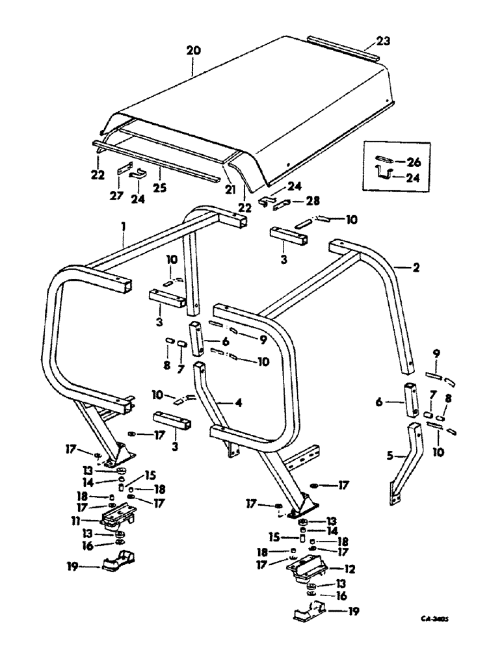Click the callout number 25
(x=159, y=188)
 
